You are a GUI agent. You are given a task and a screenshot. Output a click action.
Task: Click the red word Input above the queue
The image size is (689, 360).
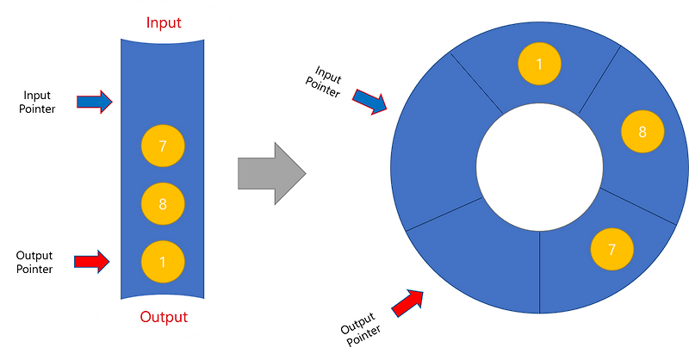(164, 22)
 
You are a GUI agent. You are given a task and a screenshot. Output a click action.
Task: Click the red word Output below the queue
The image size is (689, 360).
(164, 317)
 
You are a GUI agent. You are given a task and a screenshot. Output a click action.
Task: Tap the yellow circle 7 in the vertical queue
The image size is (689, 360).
(163, 146)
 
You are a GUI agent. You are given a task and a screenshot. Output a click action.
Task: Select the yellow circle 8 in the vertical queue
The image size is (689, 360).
(163, 204)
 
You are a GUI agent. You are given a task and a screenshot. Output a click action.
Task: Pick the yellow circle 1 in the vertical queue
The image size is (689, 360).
(163, 262)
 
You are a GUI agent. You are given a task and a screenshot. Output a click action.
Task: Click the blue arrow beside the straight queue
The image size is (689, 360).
(95, 102)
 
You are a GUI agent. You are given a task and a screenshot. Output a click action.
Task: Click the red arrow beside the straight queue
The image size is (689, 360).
(91, 262)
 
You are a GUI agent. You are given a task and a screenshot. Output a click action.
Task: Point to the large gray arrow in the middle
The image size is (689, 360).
(271, 173)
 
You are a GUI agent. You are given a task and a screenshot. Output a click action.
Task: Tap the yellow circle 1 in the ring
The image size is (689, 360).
(539, 64)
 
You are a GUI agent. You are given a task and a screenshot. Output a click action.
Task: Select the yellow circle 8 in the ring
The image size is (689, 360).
(642, 132)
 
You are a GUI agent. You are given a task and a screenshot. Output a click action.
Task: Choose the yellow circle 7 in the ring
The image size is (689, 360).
(611, 249)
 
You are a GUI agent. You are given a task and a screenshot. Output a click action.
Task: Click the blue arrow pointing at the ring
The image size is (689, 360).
(369, 102)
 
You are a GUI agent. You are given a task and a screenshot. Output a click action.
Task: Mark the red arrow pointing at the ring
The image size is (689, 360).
(407, 303)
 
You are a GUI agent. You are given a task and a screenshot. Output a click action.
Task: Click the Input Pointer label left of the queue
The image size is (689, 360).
(37, 102)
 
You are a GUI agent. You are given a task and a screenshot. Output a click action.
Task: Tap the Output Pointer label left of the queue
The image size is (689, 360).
(34, 263)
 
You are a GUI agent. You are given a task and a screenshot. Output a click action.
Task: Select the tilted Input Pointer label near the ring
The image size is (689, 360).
(325, 82)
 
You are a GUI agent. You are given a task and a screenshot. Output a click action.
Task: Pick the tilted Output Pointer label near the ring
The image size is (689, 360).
(360, 329)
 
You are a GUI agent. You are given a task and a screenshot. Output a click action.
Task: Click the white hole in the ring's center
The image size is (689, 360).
(540, 167)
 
